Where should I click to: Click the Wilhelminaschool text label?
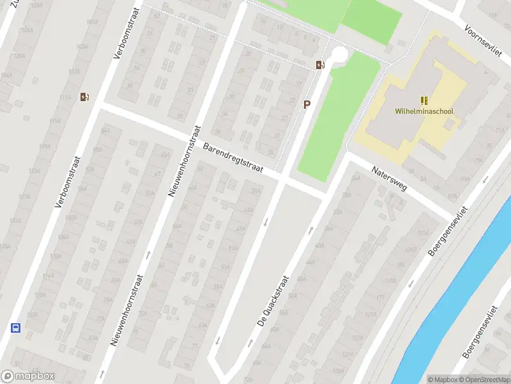(x=424, y=111)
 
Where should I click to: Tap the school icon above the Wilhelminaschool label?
(x=424, y=100)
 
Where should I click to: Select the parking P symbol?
(x=307, y=104)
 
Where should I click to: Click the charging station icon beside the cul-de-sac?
(x=319, y=64)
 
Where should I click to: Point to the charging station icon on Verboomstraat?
(x=84, y=97)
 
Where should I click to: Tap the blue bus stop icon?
(x=15, y=328)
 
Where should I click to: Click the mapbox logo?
(x=28, y=377)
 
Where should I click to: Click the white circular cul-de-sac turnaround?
(x=339, y=55)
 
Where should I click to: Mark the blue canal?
(x=460, y=294)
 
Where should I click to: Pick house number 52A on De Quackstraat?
(x=293, y=296)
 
